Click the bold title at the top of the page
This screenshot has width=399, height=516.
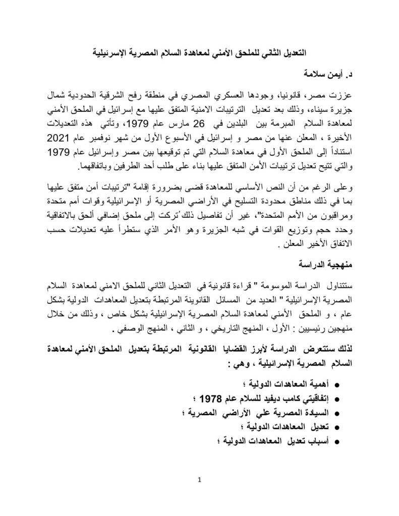(x=199, y=52)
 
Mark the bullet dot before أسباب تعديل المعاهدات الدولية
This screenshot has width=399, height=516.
(x=336, y=442)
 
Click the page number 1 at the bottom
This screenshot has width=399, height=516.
(x=200, y=480)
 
